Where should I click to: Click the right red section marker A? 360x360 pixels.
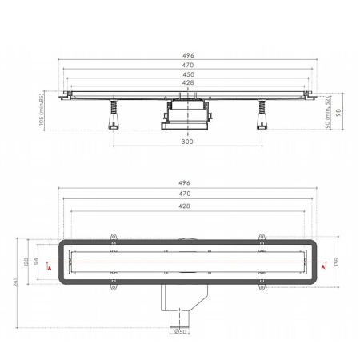click(322, 268)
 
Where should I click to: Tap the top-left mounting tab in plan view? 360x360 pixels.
click(113, 236)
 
